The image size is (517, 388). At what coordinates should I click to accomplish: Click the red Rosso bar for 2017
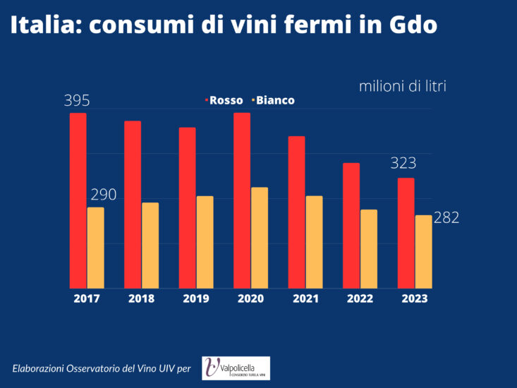[x=78, y=200]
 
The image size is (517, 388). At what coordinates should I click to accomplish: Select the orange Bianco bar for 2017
[x=95, y=248]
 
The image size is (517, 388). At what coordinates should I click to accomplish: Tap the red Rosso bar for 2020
[x=242, y=200]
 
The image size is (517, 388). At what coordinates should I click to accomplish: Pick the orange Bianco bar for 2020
[x=260, y=238]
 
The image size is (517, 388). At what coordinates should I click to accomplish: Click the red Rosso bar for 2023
[x=406, y=233]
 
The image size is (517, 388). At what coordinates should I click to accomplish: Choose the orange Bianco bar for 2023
[x=423, y=251]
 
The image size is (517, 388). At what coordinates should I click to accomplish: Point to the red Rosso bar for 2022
[x=351, y=226]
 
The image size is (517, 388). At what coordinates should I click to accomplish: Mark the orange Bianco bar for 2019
[x=205, y=242]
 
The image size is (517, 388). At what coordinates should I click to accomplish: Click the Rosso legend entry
[x=225, y=100]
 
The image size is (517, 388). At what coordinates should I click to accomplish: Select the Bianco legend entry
[x=274, y=100]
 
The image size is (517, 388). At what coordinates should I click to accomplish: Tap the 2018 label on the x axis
[x=141, y=298]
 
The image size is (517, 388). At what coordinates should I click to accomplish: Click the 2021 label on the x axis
[x=305, y=298]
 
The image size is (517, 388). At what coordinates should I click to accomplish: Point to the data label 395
[x=77, y=101]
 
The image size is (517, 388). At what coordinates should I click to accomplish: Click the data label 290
[x=103, y=195]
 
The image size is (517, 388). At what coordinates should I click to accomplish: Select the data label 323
[x=403, y=164]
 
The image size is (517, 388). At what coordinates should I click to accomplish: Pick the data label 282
[x=446, y=218]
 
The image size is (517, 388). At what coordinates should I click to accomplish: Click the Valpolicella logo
[x=236, y=368]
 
